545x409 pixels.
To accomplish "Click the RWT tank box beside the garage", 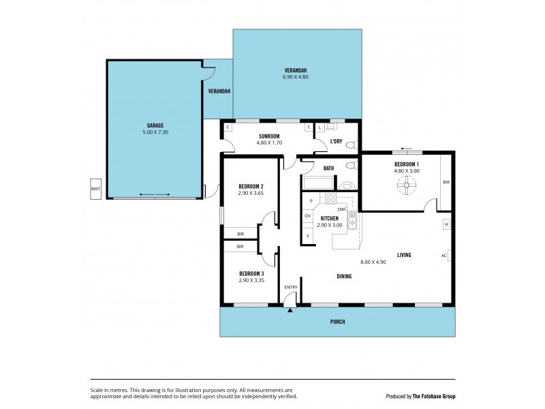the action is [95, 189].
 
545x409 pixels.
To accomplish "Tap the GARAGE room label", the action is [155, 125].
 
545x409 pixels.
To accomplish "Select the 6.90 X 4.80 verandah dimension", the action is [296, 77].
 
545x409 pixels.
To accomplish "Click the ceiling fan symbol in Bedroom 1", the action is [406, 185].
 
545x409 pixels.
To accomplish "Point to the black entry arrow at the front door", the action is [290, 310].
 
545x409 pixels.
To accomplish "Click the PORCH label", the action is [337, 322].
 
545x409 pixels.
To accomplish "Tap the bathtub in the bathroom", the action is [318, 183].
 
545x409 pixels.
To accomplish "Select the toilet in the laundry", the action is [352, 145].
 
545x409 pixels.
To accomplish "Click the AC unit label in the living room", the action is [444, 256].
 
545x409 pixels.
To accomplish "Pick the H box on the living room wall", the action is [447, 224].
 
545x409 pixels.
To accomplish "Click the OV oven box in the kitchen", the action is [308, 216].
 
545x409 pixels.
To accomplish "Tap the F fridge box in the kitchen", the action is [308, 236].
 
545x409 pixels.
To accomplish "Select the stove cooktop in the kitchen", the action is [330, 198].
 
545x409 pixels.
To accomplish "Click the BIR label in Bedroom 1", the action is [446, 182].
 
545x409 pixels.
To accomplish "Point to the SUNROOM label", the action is [269, 136].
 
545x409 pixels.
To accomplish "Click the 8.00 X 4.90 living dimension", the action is [373, 262].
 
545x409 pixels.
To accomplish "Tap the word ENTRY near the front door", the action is [291, 287].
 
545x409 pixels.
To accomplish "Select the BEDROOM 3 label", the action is [251, 274].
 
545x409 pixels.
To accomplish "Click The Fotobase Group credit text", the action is [434, 396].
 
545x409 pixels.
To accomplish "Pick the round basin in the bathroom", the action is [345, 185].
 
